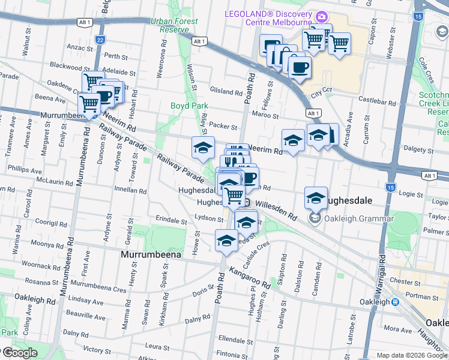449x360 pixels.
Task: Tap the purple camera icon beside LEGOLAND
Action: pyautogui.click(x=322, y=16)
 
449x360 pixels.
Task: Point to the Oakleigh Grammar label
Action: pyautogui.click(x=359, y=218)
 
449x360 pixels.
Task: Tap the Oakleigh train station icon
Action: pyautogui.click(x=395, y=302)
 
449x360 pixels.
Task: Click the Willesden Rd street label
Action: pyautogui.click(x=276, y=209)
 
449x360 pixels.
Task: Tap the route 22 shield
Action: pyautogui.click(x=100, y=40)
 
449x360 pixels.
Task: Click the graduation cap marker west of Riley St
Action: pyautogui.click(x=203, y=148)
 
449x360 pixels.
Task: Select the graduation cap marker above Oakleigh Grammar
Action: pyautogui.click(x=316, y=197)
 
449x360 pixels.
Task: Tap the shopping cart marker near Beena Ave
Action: pyautogui.click(x=89, y=104)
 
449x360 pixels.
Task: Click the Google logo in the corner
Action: pyautogui.click(x=19, y=353)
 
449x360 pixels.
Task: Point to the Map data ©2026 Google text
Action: pyautogui.click(x=412, y=355)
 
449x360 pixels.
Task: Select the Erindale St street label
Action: pyautogui.click(x=171, y=220)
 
